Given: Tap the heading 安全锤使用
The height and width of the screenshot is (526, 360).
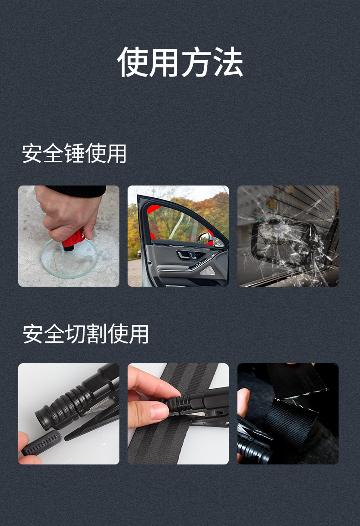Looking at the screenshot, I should tap(74, 154).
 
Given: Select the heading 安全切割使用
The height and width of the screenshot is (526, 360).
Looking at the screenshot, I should tap(86, 334).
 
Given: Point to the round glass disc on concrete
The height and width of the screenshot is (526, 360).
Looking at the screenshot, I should tap(68, 258).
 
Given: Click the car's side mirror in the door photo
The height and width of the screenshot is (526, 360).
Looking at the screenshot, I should tap(205, 238).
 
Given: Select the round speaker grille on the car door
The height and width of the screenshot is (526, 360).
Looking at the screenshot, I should tap(207, 271).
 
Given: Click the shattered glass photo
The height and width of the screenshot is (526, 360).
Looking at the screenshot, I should tap(288, 236).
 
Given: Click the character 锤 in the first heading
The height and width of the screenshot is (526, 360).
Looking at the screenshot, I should tap(74, 154).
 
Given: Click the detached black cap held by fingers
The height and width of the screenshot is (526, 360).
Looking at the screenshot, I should tap(41, 443).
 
